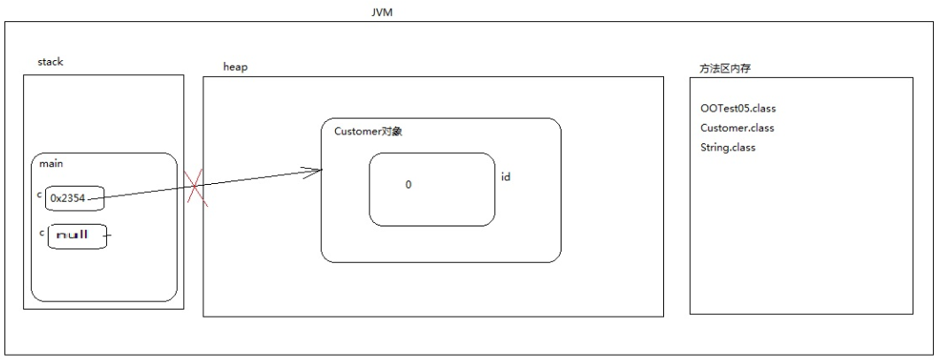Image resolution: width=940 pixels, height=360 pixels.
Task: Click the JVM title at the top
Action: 382,12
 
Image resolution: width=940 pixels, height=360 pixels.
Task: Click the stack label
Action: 50,62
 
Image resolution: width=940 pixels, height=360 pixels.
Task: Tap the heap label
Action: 234,67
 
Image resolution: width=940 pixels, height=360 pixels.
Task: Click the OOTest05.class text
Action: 737,109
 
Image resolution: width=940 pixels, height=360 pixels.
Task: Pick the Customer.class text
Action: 737,128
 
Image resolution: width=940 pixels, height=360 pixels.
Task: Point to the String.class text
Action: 728,147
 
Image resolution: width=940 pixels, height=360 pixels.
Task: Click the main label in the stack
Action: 51,164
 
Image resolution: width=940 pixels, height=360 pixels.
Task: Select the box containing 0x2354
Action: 76,198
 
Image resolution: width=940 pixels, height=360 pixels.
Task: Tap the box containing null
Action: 77,236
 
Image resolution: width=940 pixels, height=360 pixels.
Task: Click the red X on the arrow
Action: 197,188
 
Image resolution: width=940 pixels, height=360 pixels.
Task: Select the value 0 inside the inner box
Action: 409,185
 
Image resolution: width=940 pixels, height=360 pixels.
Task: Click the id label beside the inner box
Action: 506,177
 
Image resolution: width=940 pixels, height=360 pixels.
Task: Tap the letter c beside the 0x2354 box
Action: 40,194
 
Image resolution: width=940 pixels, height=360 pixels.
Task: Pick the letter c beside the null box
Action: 42,232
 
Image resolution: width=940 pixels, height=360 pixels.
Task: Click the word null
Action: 72,236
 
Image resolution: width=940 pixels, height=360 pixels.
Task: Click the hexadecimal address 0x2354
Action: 68,199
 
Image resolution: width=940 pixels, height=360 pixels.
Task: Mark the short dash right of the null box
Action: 111,236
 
